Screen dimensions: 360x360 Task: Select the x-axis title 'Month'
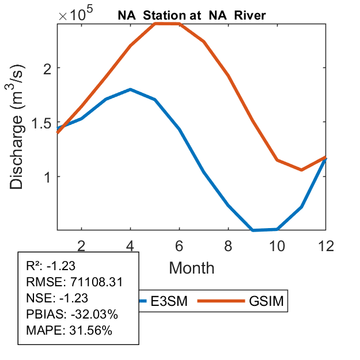pyautogui.click(x=192, y=267)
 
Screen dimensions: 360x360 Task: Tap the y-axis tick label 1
pyautogui.click(x=48, y=177)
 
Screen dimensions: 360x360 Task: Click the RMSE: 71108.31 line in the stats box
pyautogui.click(x=74, y=282)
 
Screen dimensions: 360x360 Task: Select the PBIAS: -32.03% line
pyautogui.click(x=72, y=314)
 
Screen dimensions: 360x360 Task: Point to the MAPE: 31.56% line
pyautogui.click(x=69, y=331)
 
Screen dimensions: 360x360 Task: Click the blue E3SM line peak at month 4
pyautogui.click(x=131, y=89)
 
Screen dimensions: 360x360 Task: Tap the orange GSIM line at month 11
pyautogui.click(x=301, y=170)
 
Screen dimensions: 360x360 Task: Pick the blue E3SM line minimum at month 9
pyautogui.click(x=253, y=230)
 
